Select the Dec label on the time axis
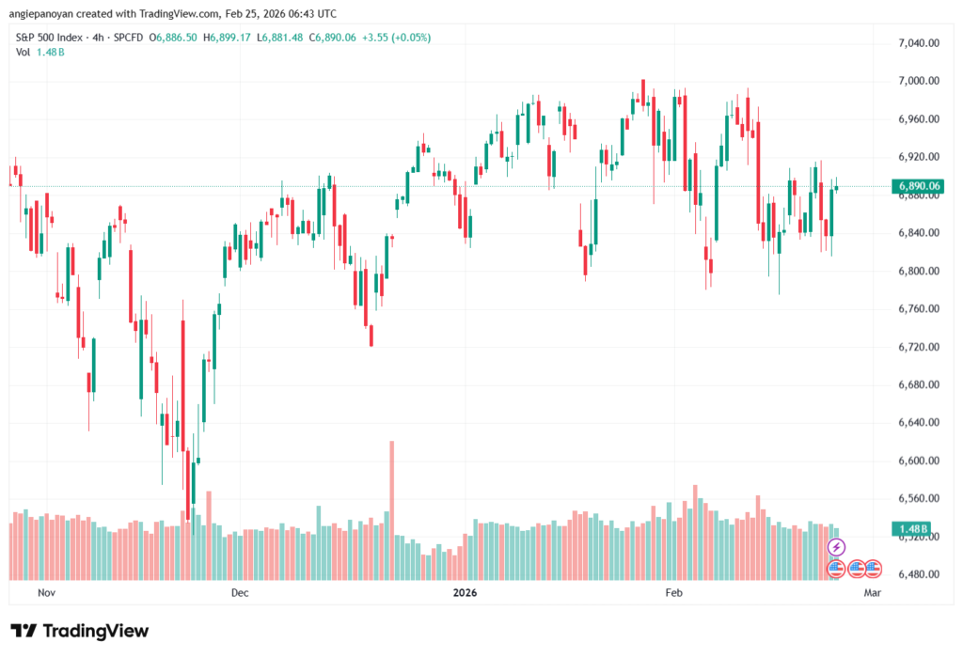click(239, 594)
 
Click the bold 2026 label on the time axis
click(465, 594)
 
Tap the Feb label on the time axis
click(672, 594)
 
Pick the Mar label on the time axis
click(872, 594)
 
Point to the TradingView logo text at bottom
click(80, 631)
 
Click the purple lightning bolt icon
click(835, 547)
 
